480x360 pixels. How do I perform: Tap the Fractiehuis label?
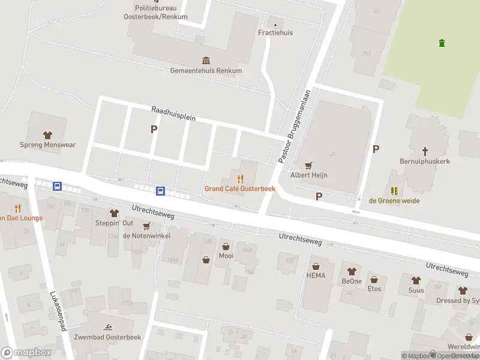[x=275, y=32]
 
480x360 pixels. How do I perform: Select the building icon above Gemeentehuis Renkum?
[x=206, y=60]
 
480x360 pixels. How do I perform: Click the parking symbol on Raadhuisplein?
[x=154, y=129]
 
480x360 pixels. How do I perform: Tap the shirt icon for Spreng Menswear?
[x=47, y=134]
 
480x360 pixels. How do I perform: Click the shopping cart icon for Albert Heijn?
[x=309, y=165]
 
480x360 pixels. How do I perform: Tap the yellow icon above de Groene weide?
[x=394, y=191]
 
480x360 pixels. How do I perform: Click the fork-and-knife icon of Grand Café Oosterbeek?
[x=240, y=178]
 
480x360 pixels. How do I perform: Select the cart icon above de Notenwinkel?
[x=146, y=226]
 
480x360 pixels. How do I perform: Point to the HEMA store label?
[x=315, y=275]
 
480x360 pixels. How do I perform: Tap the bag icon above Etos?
[x=374, y=280]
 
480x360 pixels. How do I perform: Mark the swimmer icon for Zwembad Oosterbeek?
[x=107, y=327]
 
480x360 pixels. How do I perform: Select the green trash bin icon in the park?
[x=442, y=43]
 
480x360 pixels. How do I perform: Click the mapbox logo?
[x=26, y=352]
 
